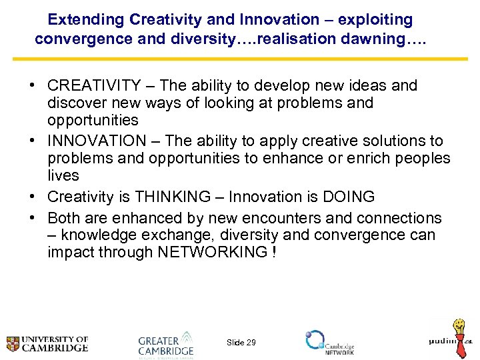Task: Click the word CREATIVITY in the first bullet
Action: [93, 86]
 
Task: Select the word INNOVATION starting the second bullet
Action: [97, 141]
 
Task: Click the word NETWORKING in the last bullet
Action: [212, 252]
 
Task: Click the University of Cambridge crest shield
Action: [13, 344]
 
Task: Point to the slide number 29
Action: [241, 343]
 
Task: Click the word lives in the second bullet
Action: [63, 175]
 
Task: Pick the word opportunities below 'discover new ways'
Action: [93, 120]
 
